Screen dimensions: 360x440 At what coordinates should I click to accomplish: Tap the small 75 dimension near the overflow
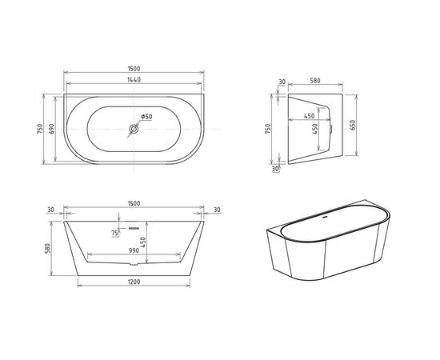point(115,233)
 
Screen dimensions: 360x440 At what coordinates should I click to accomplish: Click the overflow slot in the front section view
point(134,227)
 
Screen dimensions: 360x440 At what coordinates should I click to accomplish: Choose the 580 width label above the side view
point(315,80)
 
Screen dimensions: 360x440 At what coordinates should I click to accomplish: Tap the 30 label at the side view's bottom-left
point(274,169)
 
